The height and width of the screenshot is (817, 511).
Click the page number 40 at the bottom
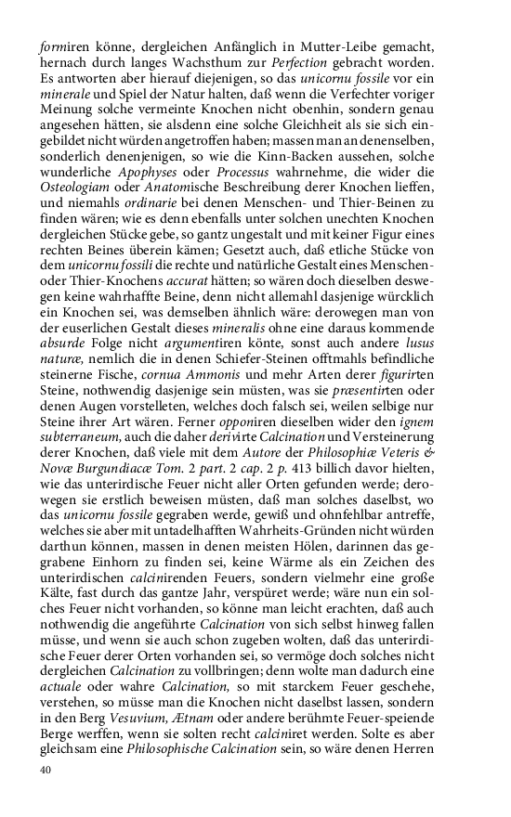pos(45,770)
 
